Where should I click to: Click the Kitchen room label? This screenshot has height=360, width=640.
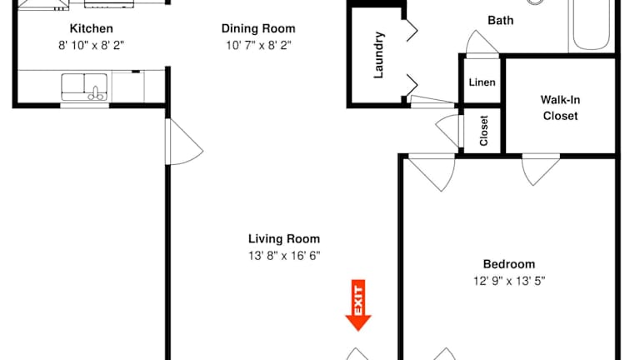point(92,28)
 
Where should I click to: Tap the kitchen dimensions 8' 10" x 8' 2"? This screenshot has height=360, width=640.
point(91,45)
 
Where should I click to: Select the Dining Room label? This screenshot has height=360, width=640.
point(258,28)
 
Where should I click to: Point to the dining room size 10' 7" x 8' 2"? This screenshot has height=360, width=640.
point(258,45)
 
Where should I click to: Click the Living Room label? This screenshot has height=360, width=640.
point(284,239)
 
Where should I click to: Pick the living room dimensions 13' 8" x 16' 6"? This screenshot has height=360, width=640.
point(284,256)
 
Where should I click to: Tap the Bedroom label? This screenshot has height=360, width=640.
point(509,264)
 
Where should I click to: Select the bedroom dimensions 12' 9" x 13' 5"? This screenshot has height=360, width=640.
point(509,281)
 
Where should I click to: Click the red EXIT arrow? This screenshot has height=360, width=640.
point(358,305)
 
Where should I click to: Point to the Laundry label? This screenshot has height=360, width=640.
point(379,55)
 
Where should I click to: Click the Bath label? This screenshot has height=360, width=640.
point(500,20)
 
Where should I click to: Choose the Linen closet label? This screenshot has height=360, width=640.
point(482,82)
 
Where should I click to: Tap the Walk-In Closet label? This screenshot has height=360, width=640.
point(560,107)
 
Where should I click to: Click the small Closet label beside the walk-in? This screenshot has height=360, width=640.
point(484,131)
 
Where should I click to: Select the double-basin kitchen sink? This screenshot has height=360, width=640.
point(84,87)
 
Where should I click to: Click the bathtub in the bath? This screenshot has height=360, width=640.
point(592,25)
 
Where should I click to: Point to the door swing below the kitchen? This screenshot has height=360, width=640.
point(184,142)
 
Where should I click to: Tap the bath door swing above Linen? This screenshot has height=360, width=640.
point(482,42)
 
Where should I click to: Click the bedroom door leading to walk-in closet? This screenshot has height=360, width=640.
point(541,170)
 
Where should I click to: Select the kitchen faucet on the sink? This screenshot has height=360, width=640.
point(96,93)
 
